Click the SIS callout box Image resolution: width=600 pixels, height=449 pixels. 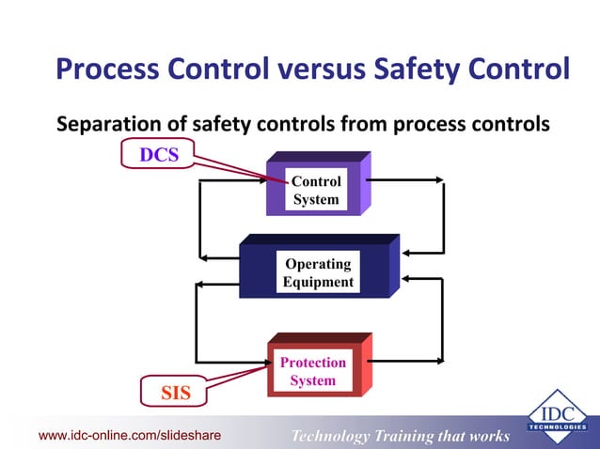tap(176, 393)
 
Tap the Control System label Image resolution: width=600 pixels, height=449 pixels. tap(316, 191)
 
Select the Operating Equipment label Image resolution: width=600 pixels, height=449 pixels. tap(318, 272)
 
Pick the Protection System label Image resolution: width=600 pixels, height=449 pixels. tap(312, 371)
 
